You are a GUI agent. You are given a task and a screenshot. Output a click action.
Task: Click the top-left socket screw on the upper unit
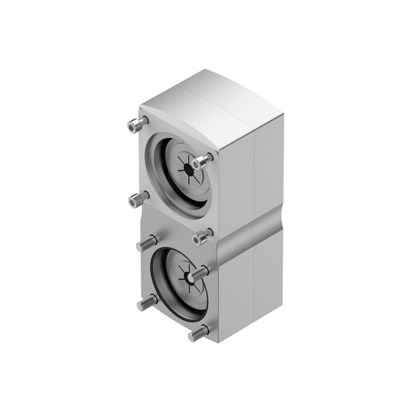click(137, 125)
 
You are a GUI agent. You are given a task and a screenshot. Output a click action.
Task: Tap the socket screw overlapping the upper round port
click(201, 161)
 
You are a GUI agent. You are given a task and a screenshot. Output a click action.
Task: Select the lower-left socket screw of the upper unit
click(138, 200)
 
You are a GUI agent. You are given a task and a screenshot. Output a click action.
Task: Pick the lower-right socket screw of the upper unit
click(202, 237)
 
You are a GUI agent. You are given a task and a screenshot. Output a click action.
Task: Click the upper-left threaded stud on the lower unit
click(146, 243)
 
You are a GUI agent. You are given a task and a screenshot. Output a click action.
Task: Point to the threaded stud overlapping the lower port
click(198, 273)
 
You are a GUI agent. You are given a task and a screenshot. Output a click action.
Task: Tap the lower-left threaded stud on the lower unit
click(146, 302)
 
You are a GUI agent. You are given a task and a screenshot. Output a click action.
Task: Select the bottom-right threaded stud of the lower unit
click(198, 334)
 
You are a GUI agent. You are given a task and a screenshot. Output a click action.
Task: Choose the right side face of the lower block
click(251, 288)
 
